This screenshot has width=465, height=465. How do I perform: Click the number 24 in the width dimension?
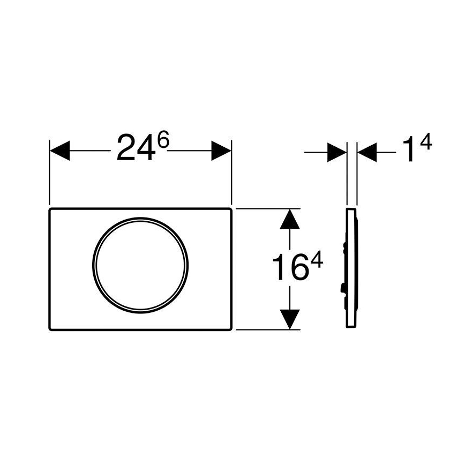[135, 151]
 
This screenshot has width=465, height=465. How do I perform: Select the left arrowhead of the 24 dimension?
[59, 151]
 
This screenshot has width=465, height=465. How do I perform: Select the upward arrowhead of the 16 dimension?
[290, 219]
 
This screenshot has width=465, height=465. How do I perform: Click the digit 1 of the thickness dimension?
[409, 151]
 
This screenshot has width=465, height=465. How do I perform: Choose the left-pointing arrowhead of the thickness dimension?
[366, 152]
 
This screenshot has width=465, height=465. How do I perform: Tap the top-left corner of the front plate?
[51, 209]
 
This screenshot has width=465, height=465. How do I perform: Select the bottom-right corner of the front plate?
[230, 328]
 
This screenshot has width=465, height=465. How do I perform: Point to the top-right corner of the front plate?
[230, 209]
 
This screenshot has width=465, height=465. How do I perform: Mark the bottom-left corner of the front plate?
[51, 328]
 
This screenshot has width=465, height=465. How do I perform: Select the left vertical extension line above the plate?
[49, 177]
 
